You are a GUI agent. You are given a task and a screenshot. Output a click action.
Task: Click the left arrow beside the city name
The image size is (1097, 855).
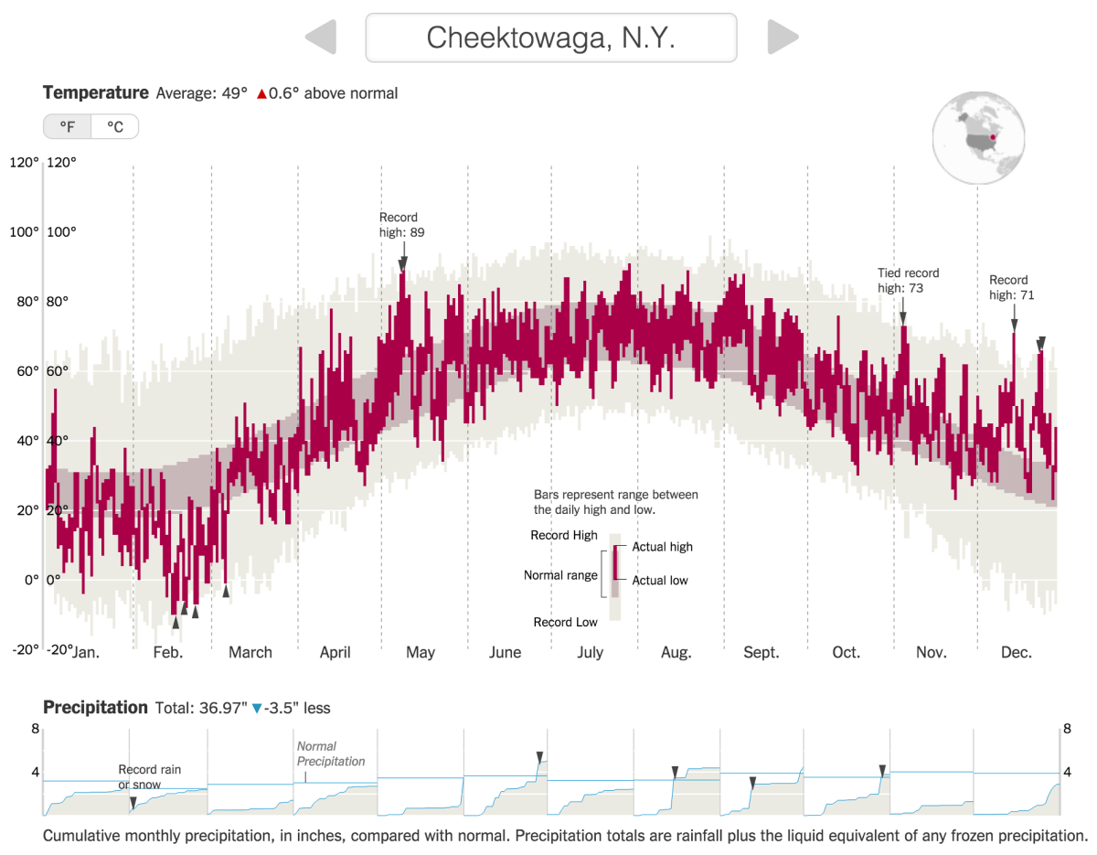click(x=321, y=37)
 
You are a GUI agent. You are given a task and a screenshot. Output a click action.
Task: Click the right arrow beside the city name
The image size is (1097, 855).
click(x=783, y=37)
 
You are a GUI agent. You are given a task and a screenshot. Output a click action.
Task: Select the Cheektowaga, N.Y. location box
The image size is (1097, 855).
click(x=551, y=37)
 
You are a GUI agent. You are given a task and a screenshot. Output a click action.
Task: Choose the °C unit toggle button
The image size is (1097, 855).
click(x=115, y=127)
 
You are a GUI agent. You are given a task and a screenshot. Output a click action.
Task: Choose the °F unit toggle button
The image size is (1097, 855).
click(x=68, y=127)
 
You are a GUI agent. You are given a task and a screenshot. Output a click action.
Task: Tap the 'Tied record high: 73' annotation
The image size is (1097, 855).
click(x=908, y=280)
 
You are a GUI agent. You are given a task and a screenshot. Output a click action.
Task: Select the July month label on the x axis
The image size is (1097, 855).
click(x=590, y=653)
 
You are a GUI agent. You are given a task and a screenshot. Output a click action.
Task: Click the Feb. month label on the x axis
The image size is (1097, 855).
click(x=168, y=653)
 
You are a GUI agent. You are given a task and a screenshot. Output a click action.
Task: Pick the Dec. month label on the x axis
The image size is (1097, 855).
click(x=1016, y=653)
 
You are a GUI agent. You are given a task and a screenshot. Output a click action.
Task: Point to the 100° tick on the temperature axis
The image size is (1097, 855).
click(x=25, y=232)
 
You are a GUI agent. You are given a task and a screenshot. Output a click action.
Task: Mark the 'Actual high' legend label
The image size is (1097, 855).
click(x=662, y=547)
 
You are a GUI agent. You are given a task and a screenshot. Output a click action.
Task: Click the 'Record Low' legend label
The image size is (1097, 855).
click(x=565, y=623)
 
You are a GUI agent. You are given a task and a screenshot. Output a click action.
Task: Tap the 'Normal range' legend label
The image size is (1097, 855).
click(x=560, y=575)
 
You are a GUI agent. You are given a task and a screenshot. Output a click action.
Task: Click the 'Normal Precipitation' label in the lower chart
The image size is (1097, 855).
click(x=331, y=753)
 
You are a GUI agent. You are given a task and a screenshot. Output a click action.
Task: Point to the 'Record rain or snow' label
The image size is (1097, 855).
click(x=150, y=777)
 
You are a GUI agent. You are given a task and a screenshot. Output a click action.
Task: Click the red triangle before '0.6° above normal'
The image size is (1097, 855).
click(x=261, y=94)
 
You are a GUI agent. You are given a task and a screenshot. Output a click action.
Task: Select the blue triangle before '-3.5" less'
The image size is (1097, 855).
click(x=257, y=709)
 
